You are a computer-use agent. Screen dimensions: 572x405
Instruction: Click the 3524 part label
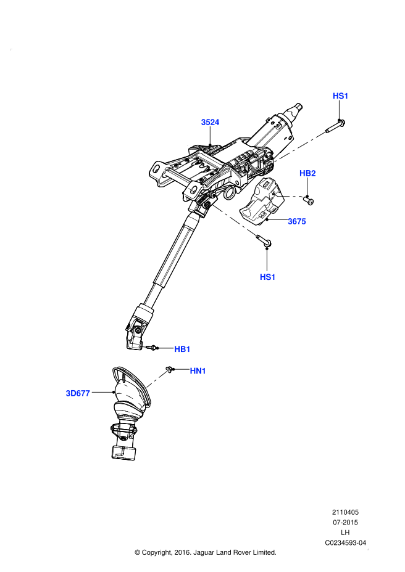tap(210, 122)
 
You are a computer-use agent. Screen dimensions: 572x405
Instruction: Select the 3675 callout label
tap(297, 221)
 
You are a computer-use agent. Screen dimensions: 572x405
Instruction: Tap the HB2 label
tap(307, 173)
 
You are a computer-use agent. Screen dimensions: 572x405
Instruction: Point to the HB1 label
tap(182, 349)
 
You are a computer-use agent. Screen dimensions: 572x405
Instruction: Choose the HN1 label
tap(198, 370)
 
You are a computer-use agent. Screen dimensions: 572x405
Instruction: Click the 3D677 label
tap(78, 393)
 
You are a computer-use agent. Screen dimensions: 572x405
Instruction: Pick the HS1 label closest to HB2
tap(341, 96)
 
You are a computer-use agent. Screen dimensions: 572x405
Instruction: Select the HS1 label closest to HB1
tap(267, 277)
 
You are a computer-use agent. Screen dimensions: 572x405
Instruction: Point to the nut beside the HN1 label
tap(171, 369)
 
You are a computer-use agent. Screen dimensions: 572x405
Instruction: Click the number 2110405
tap(345, 512)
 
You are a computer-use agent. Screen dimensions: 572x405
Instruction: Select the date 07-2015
tap(345, 522)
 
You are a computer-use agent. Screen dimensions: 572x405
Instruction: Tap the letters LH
tap(345, 533)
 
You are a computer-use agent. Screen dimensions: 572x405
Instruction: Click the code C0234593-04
tap(345, 543)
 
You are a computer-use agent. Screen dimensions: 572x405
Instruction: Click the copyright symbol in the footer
tap(138, 552)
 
